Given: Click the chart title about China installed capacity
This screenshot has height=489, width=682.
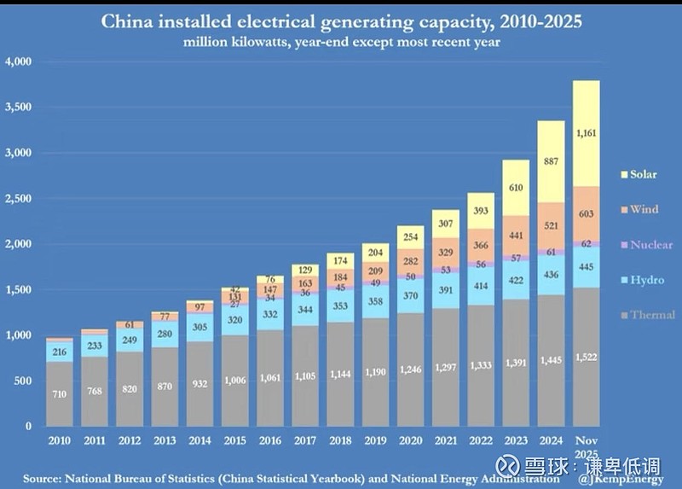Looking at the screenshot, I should (x=342, y=20).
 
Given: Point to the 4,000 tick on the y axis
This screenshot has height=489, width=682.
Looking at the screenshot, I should (x=18, y=61).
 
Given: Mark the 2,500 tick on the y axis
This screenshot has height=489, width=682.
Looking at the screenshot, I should (x=18, y=198).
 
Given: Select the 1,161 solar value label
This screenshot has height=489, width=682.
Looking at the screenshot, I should (x=586, y=133).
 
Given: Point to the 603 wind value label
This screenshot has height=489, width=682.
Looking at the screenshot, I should (x=586, y=213).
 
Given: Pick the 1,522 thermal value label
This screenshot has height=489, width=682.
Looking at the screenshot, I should (x=586, y=357).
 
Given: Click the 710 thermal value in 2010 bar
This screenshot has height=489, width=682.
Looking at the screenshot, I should (x=59, y=395).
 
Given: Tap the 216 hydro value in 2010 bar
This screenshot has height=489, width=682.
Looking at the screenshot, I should (x=59, y=351).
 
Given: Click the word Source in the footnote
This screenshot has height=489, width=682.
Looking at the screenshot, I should (x=44, y=478).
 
